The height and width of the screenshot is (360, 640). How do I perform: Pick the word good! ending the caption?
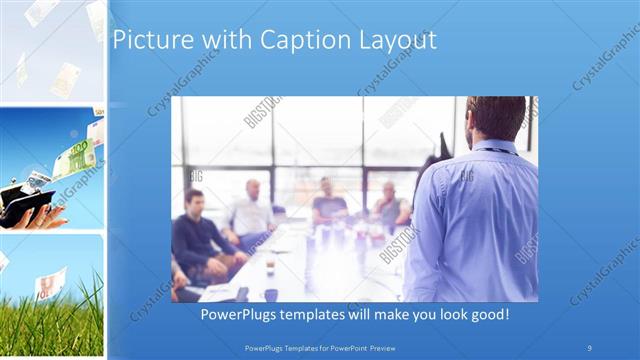486,314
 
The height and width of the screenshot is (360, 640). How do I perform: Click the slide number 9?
590,347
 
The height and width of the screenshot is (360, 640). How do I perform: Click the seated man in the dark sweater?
197,235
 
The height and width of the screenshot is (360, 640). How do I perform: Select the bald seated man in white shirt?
249,210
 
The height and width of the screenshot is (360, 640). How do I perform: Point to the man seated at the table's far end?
328,200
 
